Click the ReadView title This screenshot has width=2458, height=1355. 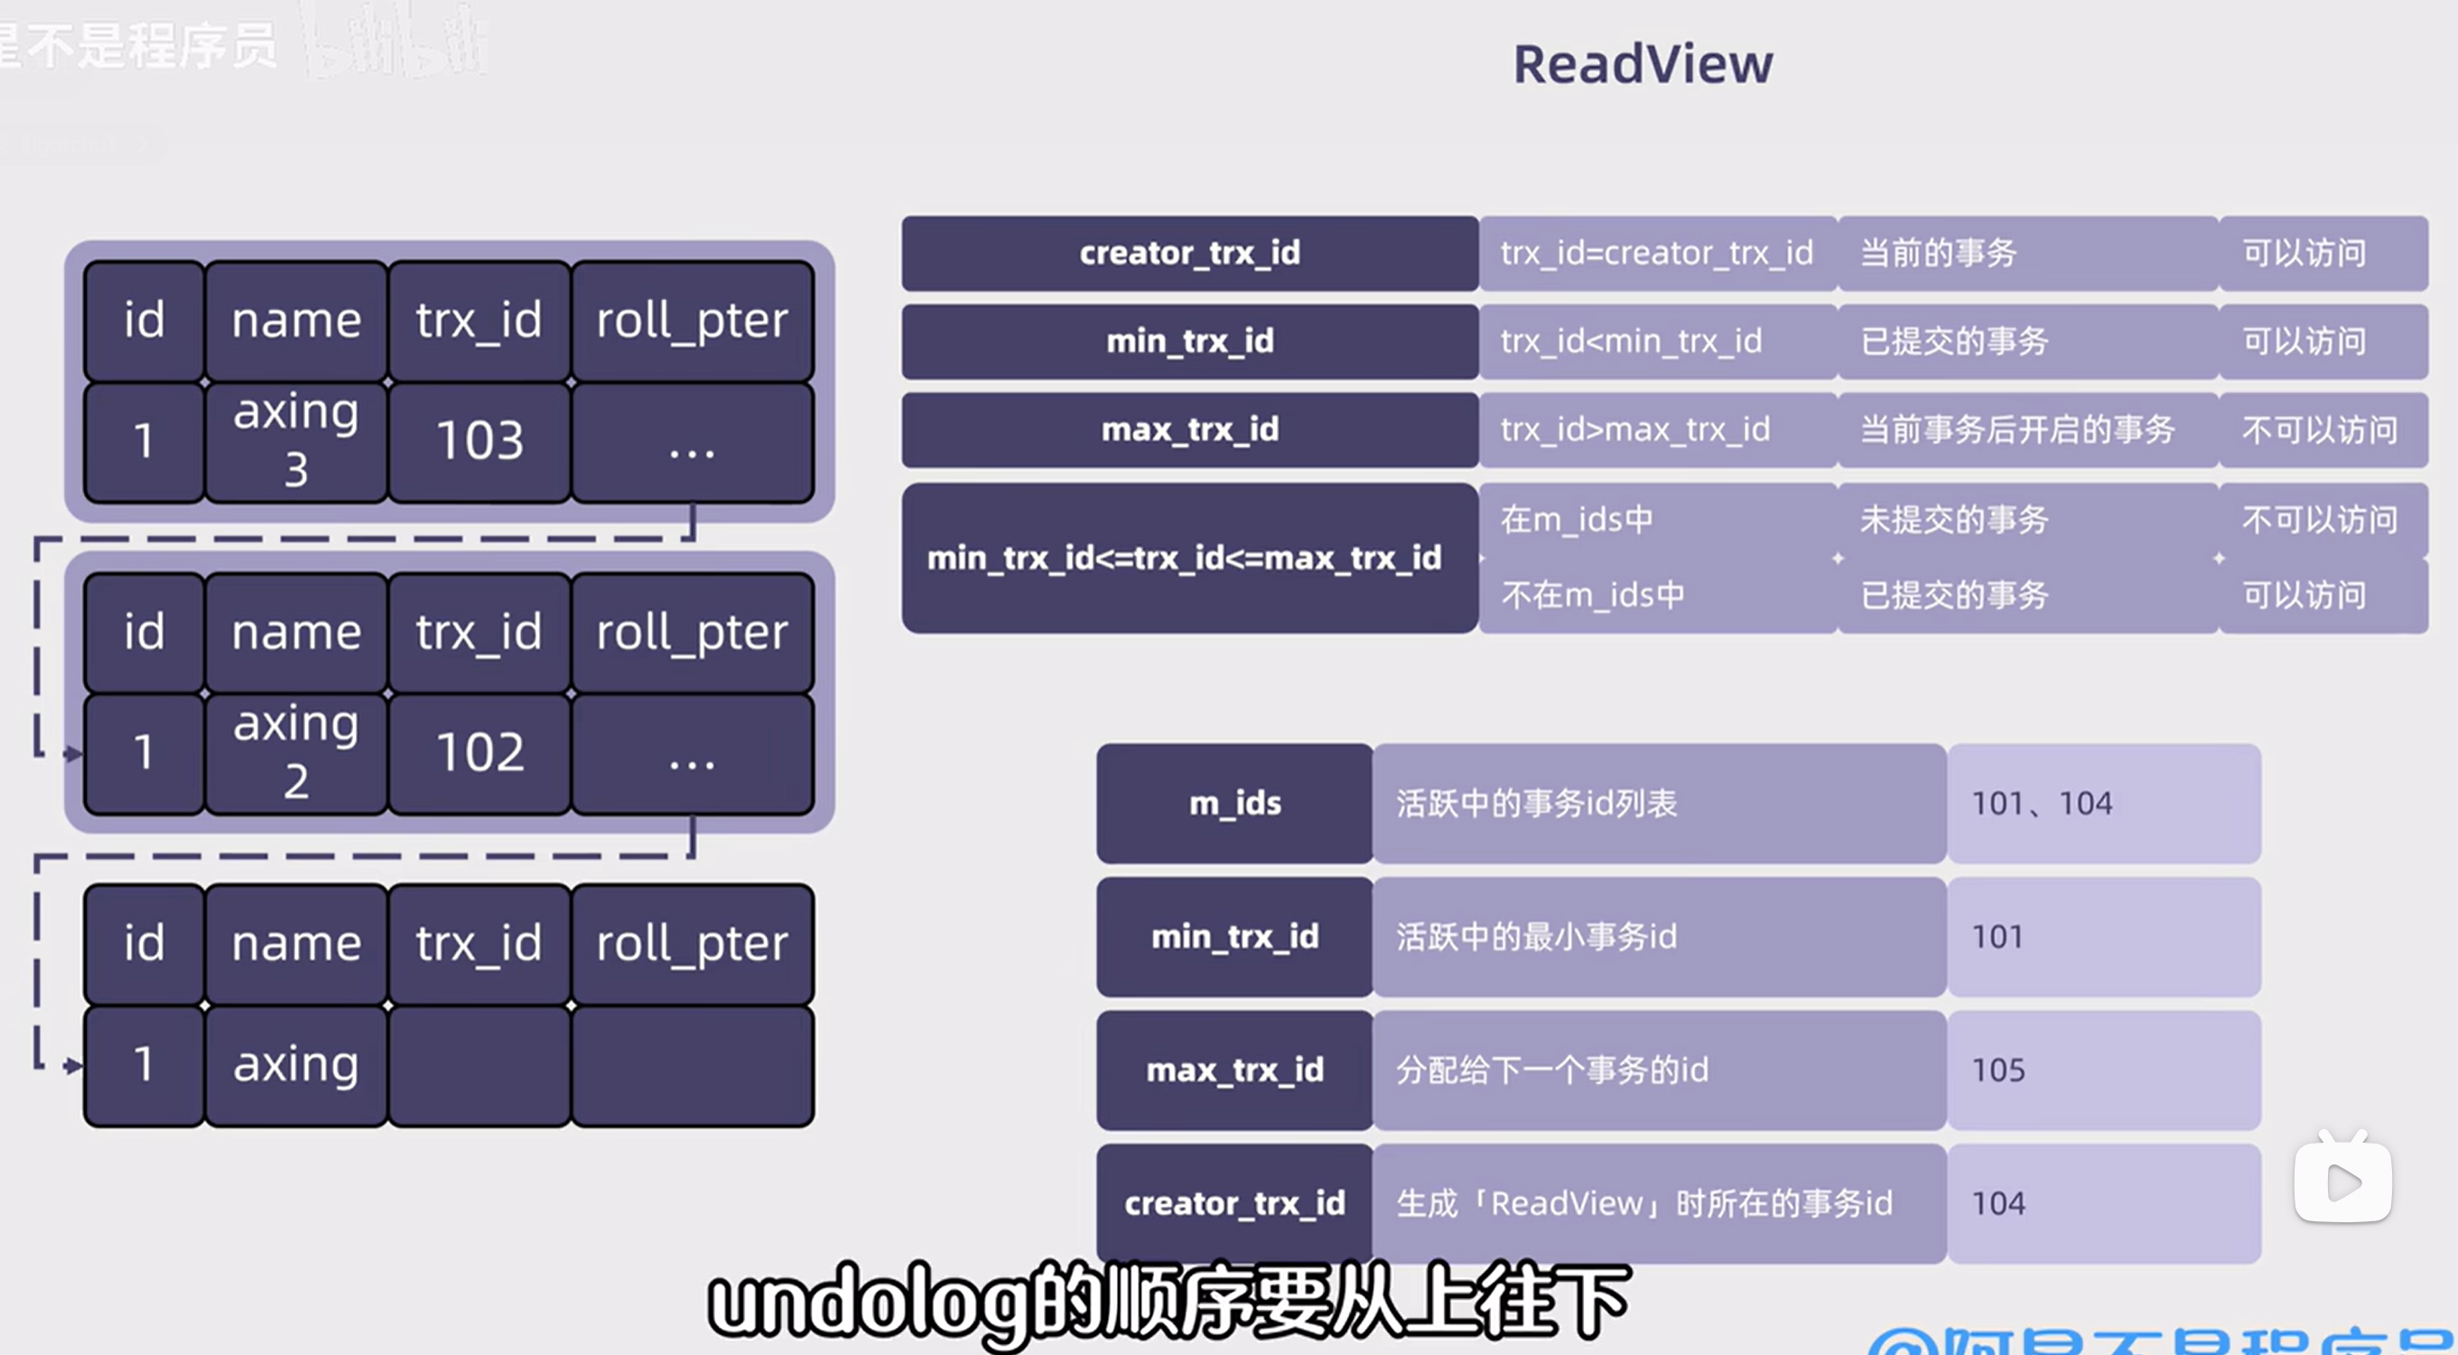1643,65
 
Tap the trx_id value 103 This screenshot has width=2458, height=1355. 480,441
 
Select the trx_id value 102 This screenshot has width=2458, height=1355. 480,752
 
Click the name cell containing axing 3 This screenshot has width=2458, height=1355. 296,440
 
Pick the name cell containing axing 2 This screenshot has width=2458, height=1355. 296,752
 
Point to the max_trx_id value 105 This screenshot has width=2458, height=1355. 1998,1070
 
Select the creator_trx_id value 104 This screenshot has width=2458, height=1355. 1998,1203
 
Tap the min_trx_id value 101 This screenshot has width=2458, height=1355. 1997,937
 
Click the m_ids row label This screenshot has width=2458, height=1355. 1234,803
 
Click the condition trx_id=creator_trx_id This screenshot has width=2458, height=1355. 1656,253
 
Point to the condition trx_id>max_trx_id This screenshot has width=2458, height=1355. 1634,429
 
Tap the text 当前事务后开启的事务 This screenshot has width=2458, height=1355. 2017,429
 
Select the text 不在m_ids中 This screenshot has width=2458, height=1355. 1593,595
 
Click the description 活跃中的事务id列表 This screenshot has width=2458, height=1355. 1536,803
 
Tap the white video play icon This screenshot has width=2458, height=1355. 2342,1182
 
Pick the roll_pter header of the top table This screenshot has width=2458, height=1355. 692,321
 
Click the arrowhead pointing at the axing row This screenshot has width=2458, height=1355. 73,1065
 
